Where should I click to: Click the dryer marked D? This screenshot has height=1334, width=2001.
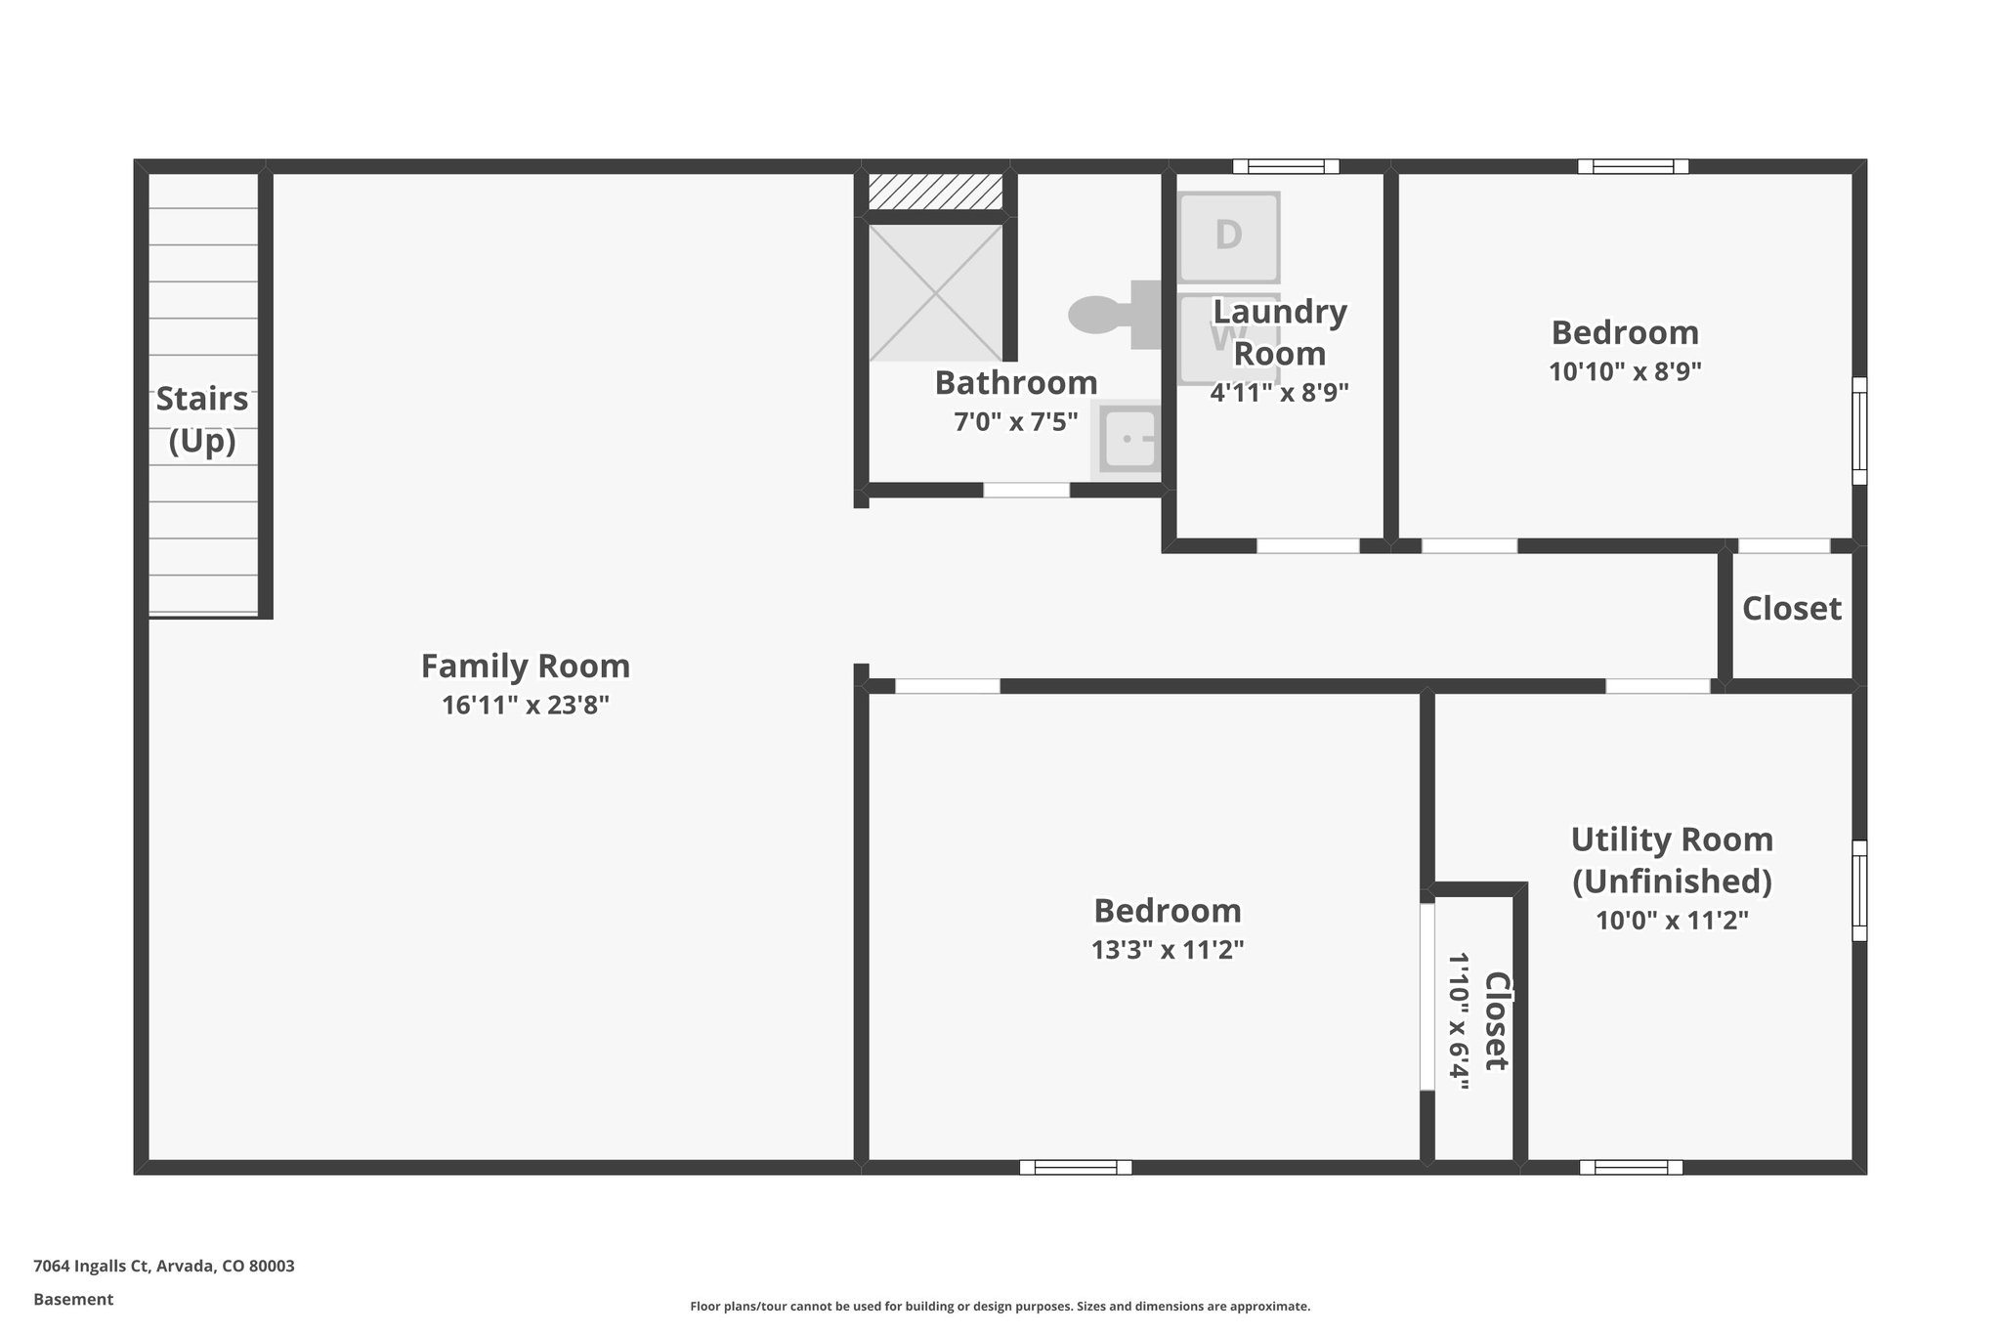click(x=1228, y=237)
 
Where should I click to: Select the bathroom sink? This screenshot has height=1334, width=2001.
click(x=1128, y=439)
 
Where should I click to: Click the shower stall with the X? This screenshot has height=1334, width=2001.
click(x=935, y=292)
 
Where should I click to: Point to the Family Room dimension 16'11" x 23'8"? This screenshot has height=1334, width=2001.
click(x=526, y=706)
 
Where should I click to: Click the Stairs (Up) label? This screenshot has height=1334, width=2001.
click(x=202, y=420)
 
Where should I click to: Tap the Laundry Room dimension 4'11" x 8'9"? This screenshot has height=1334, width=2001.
click(x=1279, y=393)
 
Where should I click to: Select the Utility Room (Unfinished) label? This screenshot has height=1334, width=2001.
click(x=1672, y=860)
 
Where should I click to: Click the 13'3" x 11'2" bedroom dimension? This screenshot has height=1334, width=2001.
click(x=1167, y=950)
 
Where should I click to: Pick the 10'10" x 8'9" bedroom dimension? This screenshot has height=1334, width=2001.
click(x=1625, y=372)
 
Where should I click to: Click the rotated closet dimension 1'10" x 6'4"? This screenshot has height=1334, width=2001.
click(x=1458, y=1020)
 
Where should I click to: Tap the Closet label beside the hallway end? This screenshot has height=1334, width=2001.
click(x=1791, y=609)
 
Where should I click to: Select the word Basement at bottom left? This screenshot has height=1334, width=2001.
click(x=73, y=1300)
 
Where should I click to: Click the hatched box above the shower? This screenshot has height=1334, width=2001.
click(x=935, y=192)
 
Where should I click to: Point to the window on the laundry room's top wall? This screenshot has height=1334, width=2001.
click(x=1285, y=166)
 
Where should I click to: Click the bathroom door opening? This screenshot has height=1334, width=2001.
click(x=1026, y=491)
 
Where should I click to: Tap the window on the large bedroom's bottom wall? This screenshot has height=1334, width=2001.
click(x=1075, y=1167)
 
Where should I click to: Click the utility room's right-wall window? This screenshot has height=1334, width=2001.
click(x=1859, y=890)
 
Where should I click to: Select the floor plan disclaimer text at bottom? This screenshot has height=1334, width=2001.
click(x=1000, y=1307)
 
